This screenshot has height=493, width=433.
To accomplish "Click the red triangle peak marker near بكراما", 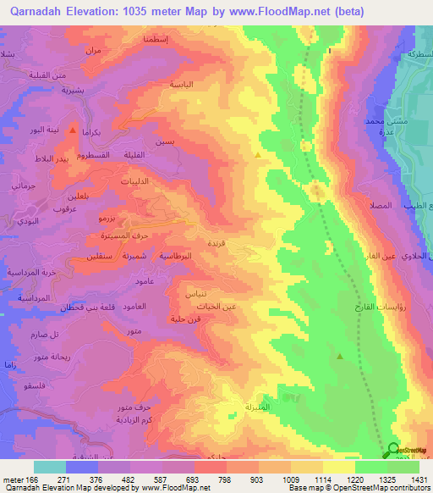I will point(73,131).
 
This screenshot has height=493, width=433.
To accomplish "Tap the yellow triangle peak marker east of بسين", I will point(258,155).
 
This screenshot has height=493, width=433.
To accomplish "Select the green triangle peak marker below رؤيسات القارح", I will point(340,356).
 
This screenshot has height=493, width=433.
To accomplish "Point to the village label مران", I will point(93,51).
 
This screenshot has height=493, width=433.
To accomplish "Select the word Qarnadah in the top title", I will point(30,13).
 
